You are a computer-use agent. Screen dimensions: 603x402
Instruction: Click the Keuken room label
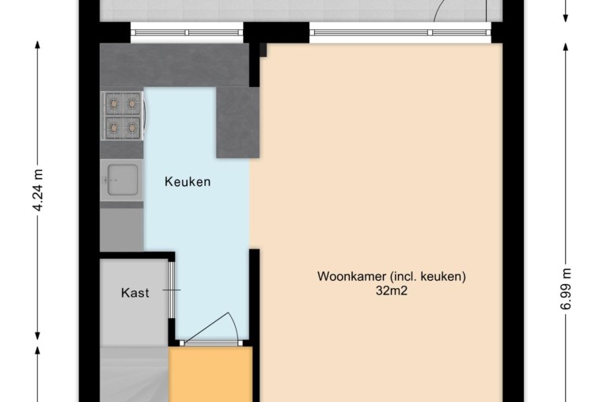(188, 181)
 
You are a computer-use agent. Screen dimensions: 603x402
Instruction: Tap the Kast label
(135, 293)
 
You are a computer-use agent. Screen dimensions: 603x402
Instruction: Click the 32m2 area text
(392, 291)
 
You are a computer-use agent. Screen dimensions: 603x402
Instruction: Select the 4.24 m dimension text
(38, 191)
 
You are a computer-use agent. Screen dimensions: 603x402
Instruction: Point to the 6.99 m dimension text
(566, 289)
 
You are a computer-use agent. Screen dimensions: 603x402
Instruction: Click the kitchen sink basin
(123, 180)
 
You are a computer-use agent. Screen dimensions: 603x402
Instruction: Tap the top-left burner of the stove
(114, 103)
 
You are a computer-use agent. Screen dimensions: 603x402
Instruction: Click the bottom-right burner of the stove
(132, 127)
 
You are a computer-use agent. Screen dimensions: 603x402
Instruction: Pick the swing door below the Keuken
(210, 329)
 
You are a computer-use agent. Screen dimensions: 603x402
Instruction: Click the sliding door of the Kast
(172, 290)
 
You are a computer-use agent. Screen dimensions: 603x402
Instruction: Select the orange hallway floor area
(210, 374)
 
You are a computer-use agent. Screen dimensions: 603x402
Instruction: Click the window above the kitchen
(187, 32)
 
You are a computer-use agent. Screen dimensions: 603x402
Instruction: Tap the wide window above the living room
(400, 32)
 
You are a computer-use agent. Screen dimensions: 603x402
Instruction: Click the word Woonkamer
(351, 277)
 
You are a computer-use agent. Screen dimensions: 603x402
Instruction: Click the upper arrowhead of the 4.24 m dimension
(38, 45)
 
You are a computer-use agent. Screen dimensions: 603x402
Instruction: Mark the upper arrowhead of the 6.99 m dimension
(566, 47)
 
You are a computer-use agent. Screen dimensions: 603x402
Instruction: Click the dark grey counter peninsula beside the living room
(237, 123)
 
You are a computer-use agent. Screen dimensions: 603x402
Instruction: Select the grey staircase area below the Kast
(135, 374)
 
